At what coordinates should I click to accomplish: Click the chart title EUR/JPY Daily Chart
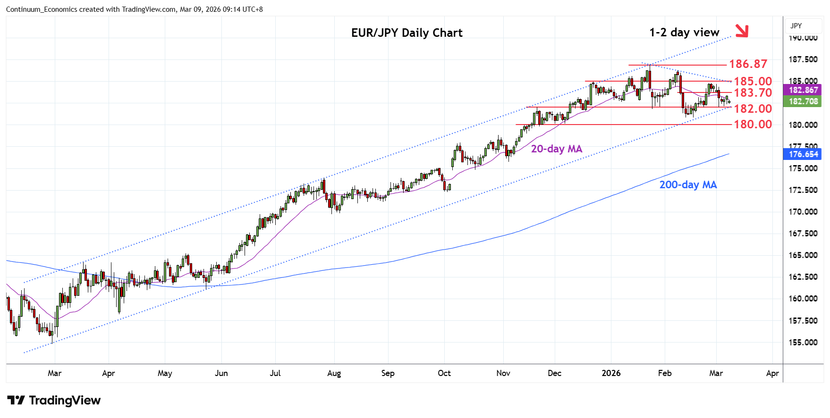pyautogui.click(x=407, y=33)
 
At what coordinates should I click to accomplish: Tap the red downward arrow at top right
pyautogui.click(x=742, y=30)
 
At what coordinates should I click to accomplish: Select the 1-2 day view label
pyautogui.click(x=684, y=32)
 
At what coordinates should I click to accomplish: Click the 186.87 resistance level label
pyautogui.click(x=748, y=64)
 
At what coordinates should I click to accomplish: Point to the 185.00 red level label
pyautogui.click(x=753, y=81)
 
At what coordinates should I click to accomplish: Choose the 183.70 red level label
pyautogui.click(x=753, y=92)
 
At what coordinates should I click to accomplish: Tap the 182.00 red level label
pyautogui.click(x=753, y=109)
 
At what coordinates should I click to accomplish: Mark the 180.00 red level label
pyautogui.click(x=753, y=124)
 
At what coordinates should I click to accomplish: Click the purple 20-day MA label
pyautogui.click(x=556, y=149)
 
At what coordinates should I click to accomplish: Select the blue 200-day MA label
pyautogui.click(x=688, y=185)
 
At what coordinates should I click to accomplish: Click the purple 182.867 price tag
pyautogui.click(x=803, y=90)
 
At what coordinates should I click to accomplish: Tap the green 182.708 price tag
pyautogui.click(x=803, y=101)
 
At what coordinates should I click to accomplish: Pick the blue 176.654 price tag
pyautogui.click(x=803, y=154)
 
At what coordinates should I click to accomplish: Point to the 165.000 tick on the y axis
pyautogui.click(x=803, y=255)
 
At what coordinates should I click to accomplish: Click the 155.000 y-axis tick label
pyautogui.click(x=803, y=343)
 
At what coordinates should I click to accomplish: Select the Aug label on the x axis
pyautogui.click(x=334, y=373)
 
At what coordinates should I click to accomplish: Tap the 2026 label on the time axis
pyautogui.click(x=611, y=373)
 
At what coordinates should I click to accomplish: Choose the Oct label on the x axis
pyautogui.click(x=444, y=373)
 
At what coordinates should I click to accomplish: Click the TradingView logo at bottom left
pyautogui.click(x=54, y=401)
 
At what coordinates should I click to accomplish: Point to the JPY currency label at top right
pyautogui.click(x=796, y=26)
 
